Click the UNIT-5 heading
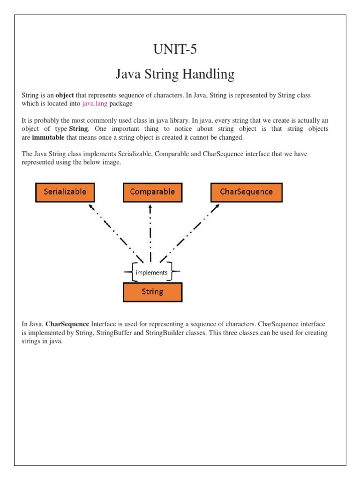click(x=175, y=49)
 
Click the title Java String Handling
click(x=175, y=74)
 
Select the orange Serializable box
click(x=65, y=192)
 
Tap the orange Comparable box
click(x=152, y=192)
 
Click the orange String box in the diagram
click(x=152, y=292)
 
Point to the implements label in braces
click(x=151, y=272)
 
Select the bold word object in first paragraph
click(x=65, y=95)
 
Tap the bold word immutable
click(x=48, y=137)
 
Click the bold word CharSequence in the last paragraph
click(x=67, y=324)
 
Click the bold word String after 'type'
click(x=78, y=129)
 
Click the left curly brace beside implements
click(x=130, y=272)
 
